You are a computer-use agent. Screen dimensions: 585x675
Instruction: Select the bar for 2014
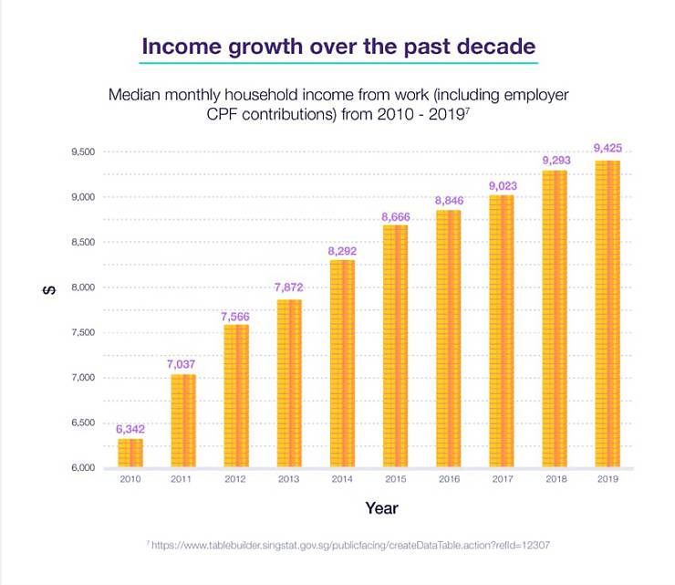(342, 365)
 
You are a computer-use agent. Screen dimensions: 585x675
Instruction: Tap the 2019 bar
(607, 315)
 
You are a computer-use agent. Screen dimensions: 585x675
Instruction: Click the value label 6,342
(130, 429)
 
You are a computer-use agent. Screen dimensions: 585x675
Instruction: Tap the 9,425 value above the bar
(607, 148)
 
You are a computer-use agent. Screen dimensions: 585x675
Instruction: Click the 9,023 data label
(501, 184)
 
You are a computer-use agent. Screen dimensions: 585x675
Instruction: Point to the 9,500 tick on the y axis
(81, 151)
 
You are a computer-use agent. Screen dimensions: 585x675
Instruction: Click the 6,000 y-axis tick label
(81, 468)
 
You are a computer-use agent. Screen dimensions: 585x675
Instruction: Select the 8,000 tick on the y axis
(81, 287)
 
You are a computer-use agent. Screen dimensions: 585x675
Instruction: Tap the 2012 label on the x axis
(236, 479)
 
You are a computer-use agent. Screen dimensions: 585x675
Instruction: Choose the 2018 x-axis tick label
(554, 479)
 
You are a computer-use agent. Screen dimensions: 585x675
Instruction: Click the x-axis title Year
(381, 507)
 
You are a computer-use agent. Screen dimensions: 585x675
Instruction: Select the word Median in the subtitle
(135, 94)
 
